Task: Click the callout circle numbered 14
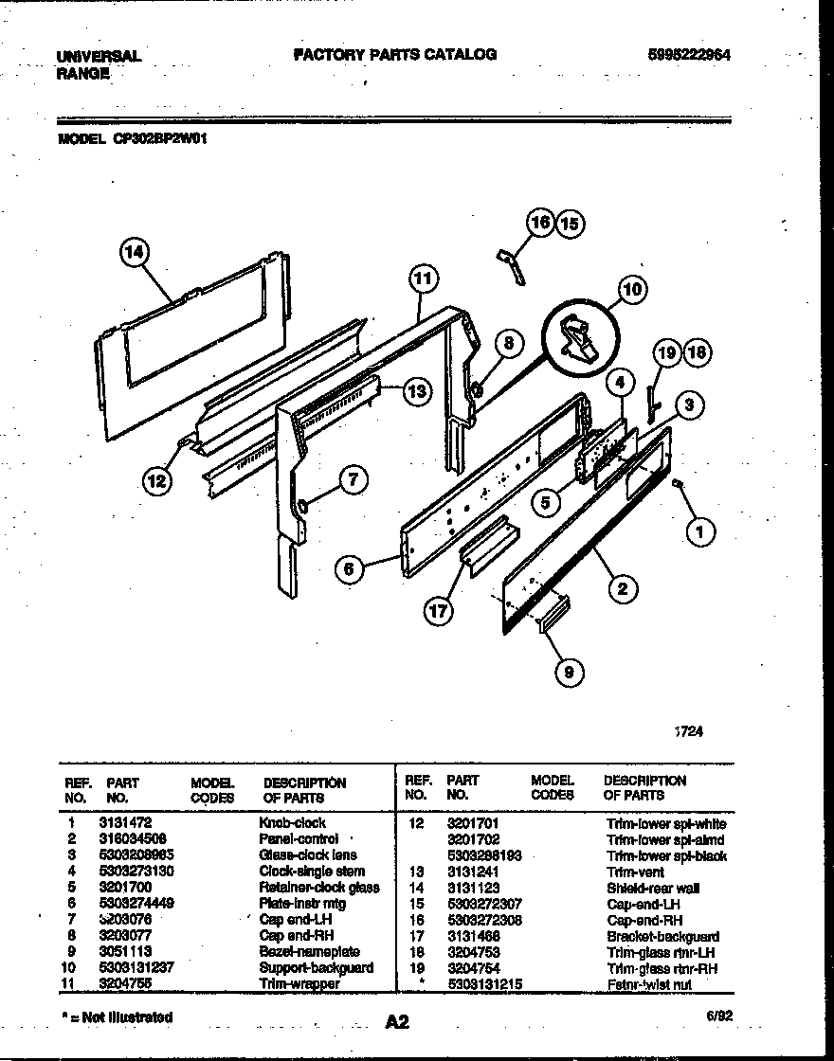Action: pos(136,252)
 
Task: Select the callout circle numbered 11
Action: pos(423,279)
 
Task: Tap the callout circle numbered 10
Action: pos(631,290)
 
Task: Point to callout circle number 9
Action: pos(569,673)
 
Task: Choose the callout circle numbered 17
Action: pos(437,611)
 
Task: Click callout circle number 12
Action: pos(157,481)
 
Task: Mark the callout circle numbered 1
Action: pos(700,533)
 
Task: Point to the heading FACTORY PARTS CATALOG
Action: pos(395,55)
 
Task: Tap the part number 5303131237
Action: pos(138,967)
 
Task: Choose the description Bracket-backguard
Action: pos(662,936)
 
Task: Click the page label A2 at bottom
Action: pos(397,1021)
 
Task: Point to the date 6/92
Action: pos(717,1016)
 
